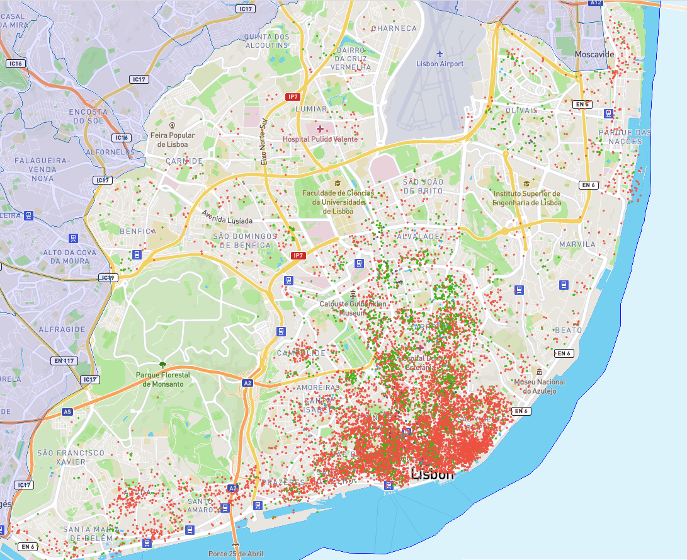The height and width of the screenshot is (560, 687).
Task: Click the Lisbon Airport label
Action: coord(440,64)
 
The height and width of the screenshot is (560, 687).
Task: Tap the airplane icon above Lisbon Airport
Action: coord(439,53)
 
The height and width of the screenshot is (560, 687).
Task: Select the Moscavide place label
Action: coord(594,55)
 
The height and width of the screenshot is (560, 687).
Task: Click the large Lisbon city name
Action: coord(432,474)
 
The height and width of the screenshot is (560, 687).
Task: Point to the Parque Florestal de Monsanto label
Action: coord(162,379)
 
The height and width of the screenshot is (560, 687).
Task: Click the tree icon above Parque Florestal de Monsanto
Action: coord(162,364)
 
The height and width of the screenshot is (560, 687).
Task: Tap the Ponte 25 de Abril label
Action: coord(236,554)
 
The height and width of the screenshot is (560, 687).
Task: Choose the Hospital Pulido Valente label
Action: coord(320,139)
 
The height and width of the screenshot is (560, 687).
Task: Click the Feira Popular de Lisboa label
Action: coord(172,139)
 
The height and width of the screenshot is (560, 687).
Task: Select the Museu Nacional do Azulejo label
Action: coord(540,386)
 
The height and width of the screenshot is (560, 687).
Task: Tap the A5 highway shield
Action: coord(67,411)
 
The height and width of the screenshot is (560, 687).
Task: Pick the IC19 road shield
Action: coord(108,277)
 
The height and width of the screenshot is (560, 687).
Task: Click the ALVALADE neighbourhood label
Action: coord(417,236)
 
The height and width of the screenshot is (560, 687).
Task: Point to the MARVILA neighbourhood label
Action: coord(576,244)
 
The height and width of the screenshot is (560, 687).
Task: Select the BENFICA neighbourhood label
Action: coord(137,231)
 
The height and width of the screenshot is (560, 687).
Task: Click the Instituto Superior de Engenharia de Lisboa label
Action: coord(526,198)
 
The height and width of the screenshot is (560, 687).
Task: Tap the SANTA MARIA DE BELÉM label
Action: coord(87,534)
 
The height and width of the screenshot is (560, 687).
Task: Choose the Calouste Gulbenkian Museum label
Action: coord(353,308)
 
